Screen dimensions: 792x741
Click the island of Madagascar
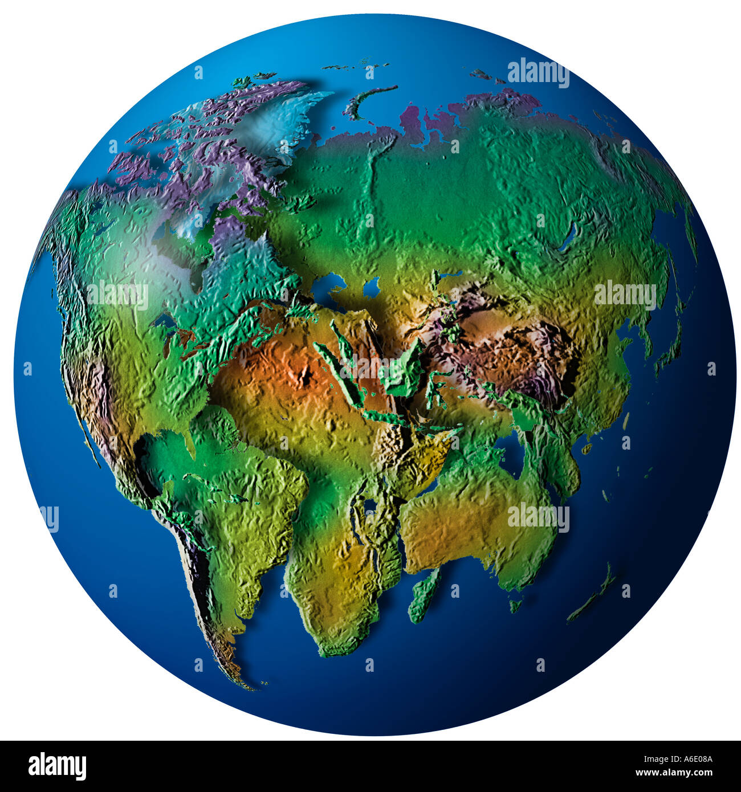[425, 595]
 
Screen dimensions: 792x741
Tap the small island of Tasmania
[515, 605]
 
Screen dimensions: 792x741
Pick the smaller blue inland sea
[372, 288]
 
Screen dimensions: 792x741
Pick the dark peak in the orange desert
[306, 375]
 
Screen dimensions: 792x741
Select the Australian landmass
[479, 519]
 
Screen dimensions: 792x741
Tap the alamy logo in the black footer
[57, 766]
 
